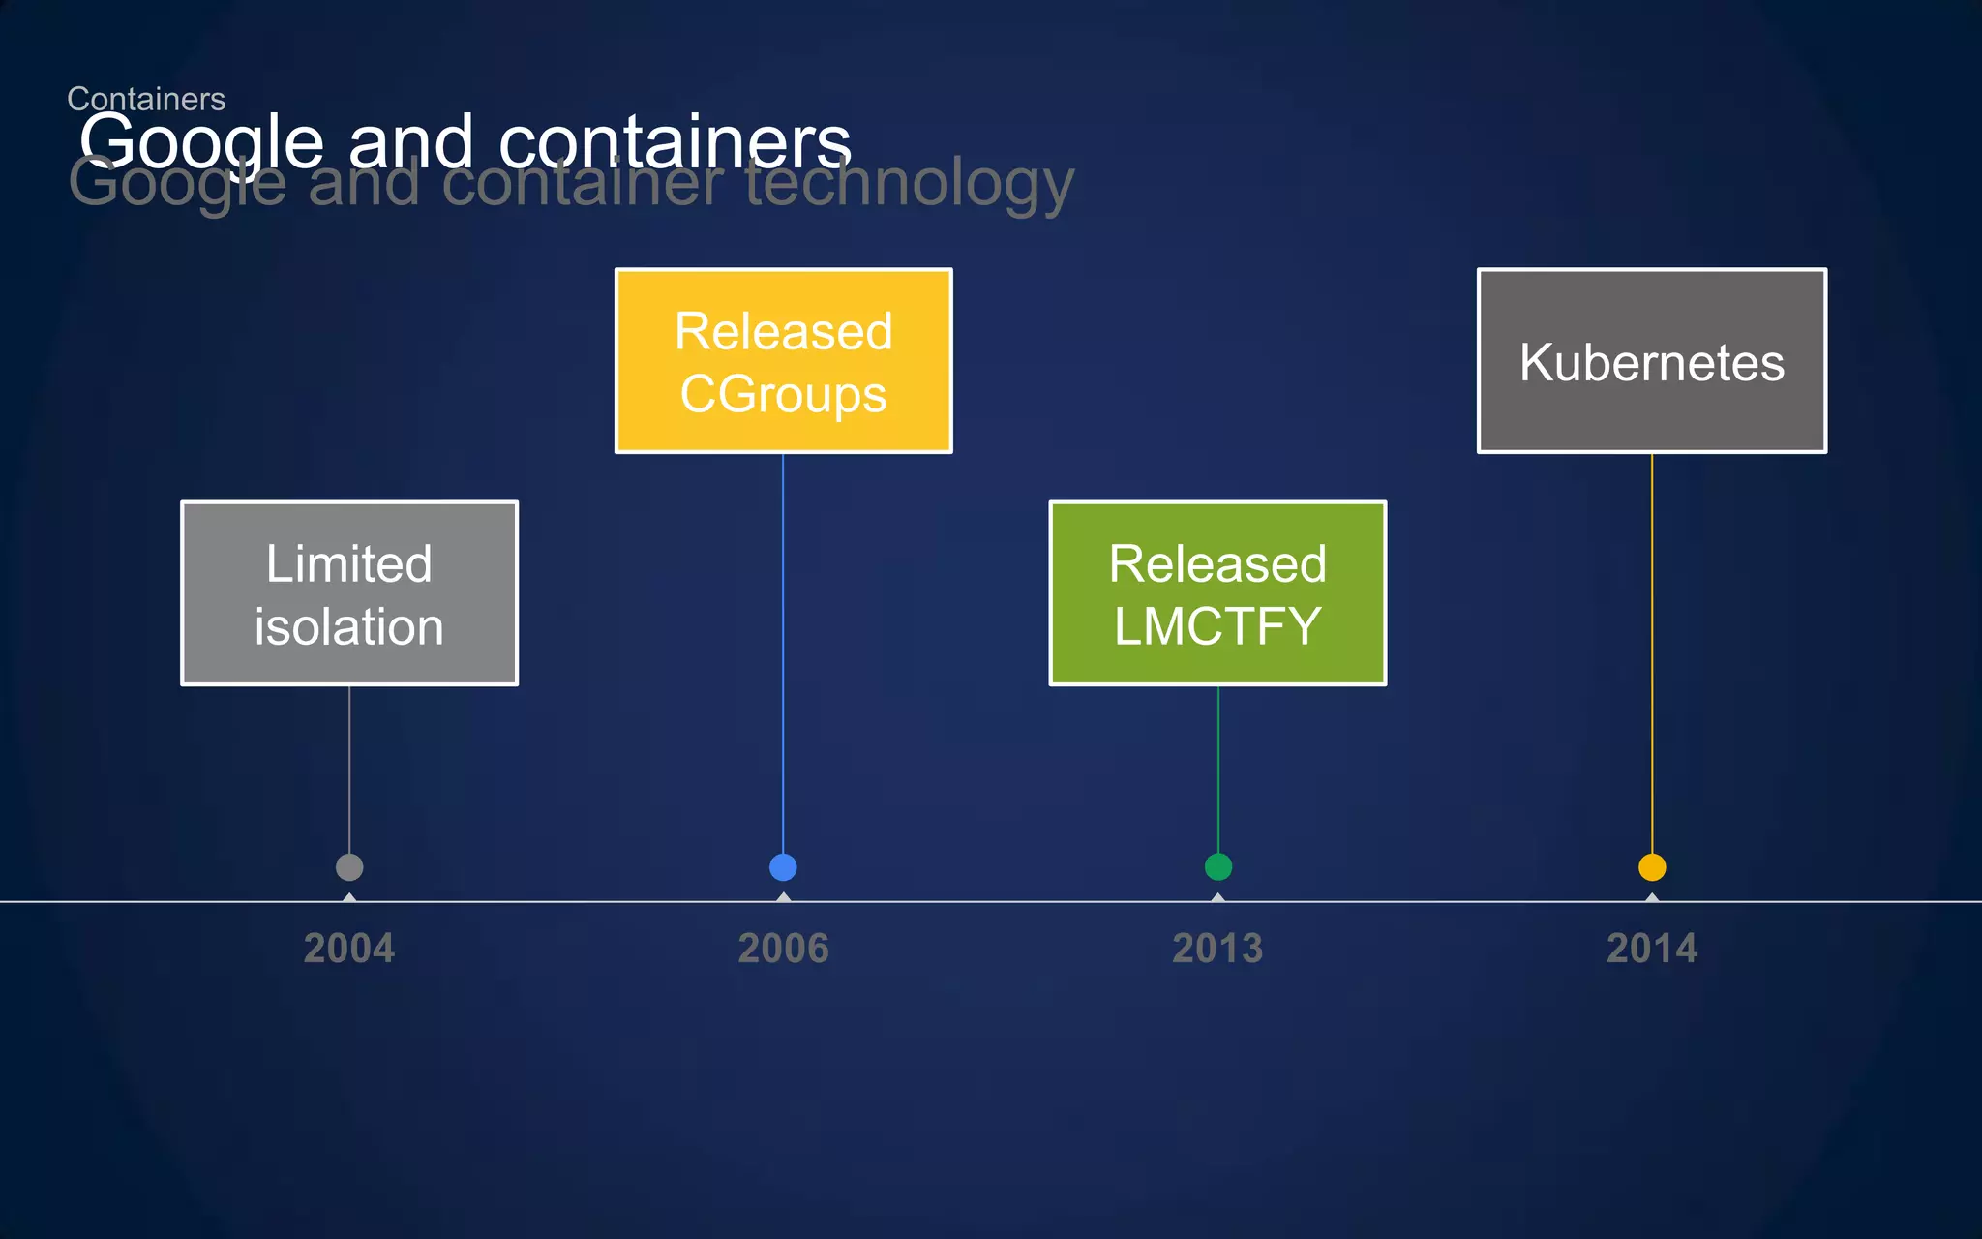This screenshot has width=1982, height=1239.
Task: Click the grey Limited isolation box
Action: tap(349, 592)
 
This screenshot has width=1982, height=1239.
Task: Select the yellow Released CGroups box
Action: tap(783, 360)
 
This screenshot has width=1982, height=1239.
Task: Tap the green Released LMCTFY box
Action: tap(1217, 592)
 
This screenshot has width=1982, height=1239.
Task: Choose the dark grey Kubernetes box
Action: tap(1651, 360)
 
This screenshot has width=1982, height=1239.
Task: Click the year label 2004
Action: tap(349, 949)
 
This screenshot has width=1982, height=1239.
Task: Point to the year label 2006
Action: tap(783, 949)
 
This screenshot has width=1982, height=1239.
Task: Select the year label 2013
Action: tap(1217, 949)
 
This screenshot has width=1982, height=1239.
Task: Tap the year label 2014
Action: tap(1651, 949)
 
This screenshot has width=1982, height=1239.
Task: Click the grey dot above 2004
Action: tap(349, 867)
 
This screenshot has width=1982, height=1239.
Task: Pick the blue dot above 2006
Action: tap(783, 867)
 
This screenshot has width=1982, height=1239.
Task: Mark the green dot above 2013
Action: tap(1217, 867)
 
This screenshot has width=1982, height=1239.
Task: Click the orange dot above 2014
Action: tap(1651, 867)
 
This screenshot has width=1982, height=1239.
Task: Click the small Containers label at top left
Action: tap(146, 98)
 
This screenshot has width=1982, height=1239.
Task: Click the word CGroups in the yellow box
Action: tap(783, 394)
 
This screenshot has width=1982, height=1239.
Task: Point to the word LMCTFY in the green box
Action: tap(1217, 626)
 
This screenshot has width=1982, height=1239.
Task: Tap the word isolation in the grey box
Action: tap(349, 626)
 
